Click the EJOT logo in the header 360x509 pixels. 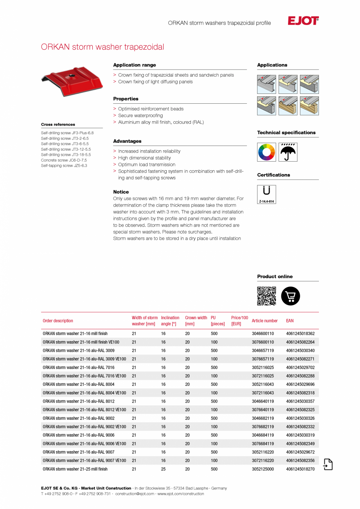[x=303, y=21]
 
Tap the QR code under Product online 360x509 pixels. [x=266, y=296]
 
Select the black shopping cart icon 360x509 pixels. [x=290, y=296]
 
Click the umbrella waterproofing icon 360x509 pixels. [x=288, y=152]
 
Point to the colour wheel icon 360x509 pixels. [x=266, y=152]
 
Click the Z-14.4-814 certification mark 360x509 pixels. [x=266, y=194]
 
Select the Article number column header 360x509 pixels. [x=265, y=321]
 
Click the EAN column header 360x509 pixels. [x=290, y=321]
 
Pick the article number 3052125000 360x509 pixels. [x=263, y=469]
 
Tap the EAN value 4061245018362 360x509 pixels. [x=300, y=334]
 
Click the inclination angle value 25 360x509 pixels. [x=163, y=469]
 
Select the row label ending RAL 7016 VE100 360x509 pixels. [x=84, y=376]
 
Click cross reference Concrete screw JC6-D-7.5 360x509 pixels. [x=64, y=160]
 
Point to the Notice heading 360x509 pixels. [x=121, y=192]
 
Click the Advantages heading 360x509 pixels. [x=127, y=141]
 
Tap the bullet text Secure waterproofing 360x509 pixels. [x=140, y=116]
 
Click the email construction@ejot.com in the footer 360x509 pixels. [x=135, y=494]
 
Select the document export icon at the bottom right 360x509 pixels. [x=328, y=464]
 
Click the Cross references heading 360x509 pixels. [x=58, y=124]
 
